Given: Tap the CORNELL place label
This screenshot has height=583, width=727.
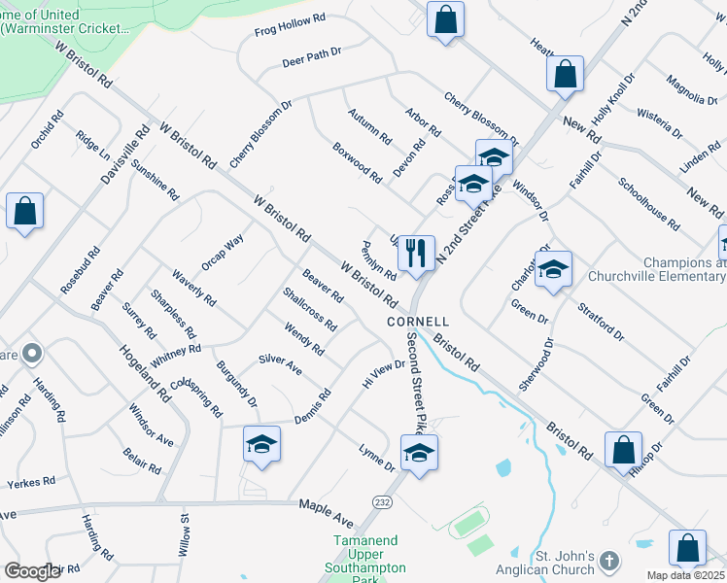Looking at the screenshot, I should (418, 321).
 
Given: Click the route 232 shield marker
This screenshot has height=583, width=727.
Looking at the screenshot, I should (382, 500).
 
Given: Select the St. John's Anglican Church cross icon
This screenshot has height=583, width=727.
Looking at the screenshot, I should (609, 561).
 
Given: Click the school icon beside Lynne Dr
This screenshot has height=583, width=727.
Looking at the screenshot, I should (419, 453).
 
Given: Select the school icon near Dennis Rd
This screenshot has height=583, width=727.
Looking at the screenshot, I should (260, 445).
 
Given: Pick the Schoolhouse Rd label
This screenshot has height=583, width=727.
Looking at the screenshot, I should (648, 203).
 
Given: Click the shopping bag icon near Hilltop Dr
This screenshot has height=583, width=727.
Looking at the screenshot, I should (623, 451).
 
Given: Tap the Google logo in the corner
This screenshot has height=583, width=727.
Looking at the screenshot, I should (32, 571).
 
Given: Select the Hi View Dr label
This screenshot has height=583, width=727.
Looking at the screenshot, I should (383, 374).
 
